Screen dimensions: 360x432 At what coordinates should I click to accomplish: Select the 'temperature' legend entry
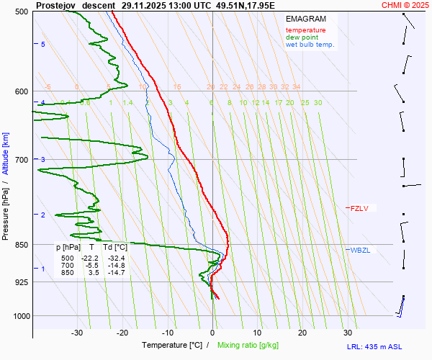[x=305, y=30]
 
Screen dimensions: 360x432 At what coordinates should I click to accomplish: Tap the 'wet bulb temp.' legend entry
[x=310, y=45]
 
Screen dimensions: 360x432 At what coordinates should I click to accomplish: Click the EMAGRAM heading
[x=305, y=19]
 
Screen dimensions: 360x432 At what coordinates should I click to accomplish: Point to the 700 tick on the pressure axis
[x=21, y=159]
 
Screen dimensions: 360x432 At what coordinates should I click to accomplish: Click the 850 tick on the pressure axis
[x=21, y=245]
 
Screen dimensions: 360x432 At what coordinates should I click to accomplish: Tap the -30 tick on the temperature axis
[x=77, y=333]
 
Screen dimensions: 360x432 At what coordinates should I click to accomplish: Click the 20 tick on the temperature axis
[x=302, y=333]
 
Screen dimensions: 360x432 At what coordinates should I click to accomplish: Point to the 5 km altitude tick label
[x=43, y=45]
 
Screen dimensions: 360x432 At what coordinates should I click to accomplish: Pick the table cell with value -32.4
[x=116, y=258]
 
